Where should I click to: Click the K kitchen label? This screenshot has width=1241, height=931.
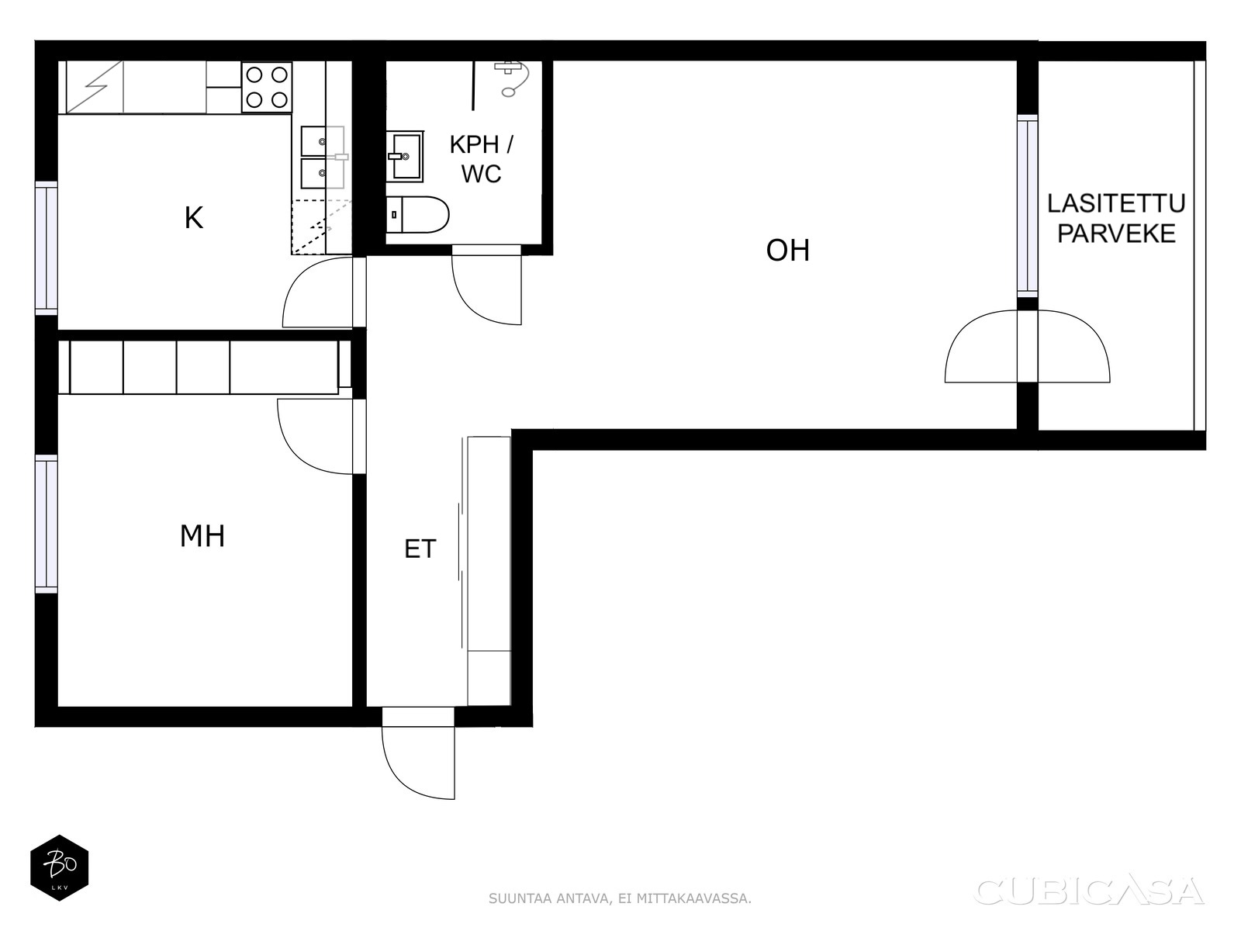click(x=193, y=218)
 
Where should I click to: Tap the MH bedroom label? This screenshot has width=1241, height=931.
click(x=202, y=536)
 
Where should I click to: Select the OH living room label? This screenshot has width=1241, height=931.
click(x=787, y=250)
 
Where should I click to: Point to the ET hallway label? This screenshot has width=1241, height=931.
click(x=420, y=549)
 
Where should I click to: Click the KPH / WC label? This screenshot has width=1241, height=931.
click(x=481, y=159)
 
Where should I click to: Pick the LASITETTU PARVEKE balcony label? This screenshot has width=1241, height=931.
click(x=1116, y=218)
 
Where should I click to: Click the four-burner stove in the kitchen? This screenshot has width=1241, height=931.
click(x=267, y=87)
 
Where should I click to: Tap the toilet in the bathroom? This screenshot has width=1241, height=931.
click(x=417, y=214)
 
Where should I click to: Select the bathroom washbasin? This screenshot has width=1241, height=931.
click(x=405, y=157)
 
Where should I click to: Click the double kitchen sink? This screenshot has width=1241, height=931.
click(x=322, y=157)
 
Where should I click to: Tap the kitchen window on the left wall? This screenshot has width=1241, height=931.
click(x=47, y=248)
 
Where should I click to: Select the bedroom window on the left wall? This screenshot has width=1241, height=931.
click(x=47, y=524)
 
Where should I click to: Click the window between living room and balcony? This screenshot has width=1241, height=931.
click(x=1027, y=206)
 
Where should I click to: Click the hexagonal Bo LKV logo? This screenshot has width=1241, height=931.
click(x=60, y=867)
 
